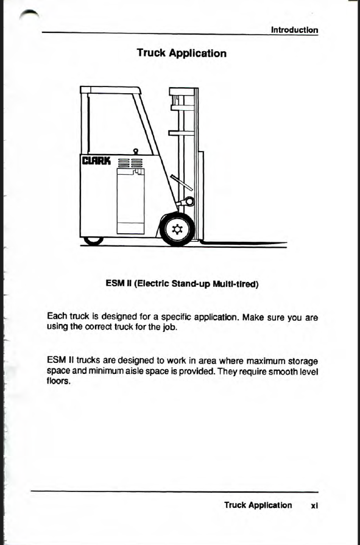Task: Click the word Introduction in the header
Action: (295, 30)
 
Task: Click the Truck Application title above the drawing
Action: (182, 53)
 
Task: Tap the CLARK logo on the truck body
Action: (96, 161)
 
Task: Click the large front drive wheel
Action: (177, 230)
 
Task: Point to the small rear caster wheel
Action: (94, 241)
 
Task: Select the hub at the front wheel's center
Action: (177, 230)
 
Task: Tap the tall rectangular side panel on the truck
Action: (131, 202)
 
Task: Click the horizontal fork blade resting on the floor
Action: (244, 243)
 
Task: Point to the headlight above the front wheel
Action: (188, 201)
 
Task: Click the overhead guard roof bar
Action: (110, 90)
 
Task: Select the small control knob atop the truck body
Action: (136, 151)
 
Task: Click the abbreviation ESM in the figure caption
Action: (113, 284)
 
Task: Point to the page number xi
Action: (314, 505)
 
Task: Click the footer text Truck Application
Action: (258, 505)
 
